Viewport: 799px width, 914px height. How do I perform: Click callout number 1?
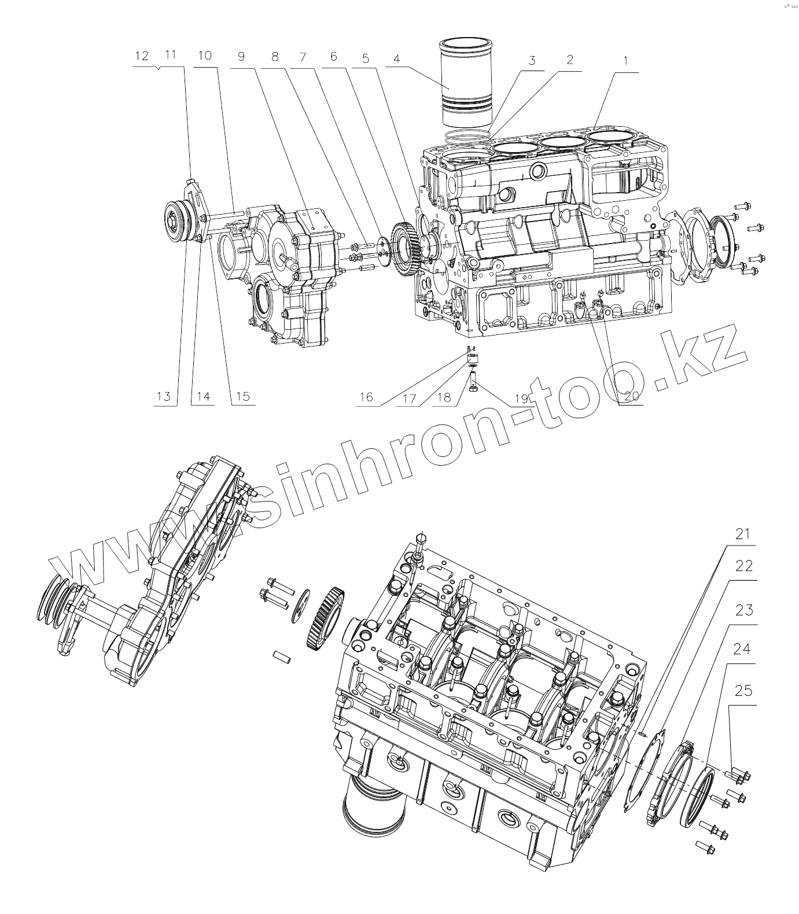[x=627, y=61]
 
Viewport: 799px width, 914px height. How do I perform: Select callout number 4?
[x=396, y=60]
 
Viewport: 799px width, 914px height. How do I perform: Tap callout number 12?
[x=141, y=56]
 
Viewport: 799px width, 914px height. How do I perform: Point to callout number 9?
[x=241, y=56]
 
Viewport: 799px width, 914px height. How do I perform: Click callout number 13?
[x=164, y=396]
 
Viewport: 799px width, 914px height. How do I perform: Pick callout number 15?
[x=242, y=396]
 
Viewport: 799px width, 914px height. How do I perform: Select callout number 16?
[x=366, y=397]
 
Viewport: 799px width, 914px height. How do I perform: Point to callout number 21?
[x=743, y=533]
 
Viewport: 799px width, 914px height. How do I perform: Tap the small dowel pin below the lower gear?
[x=281, y=657]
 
